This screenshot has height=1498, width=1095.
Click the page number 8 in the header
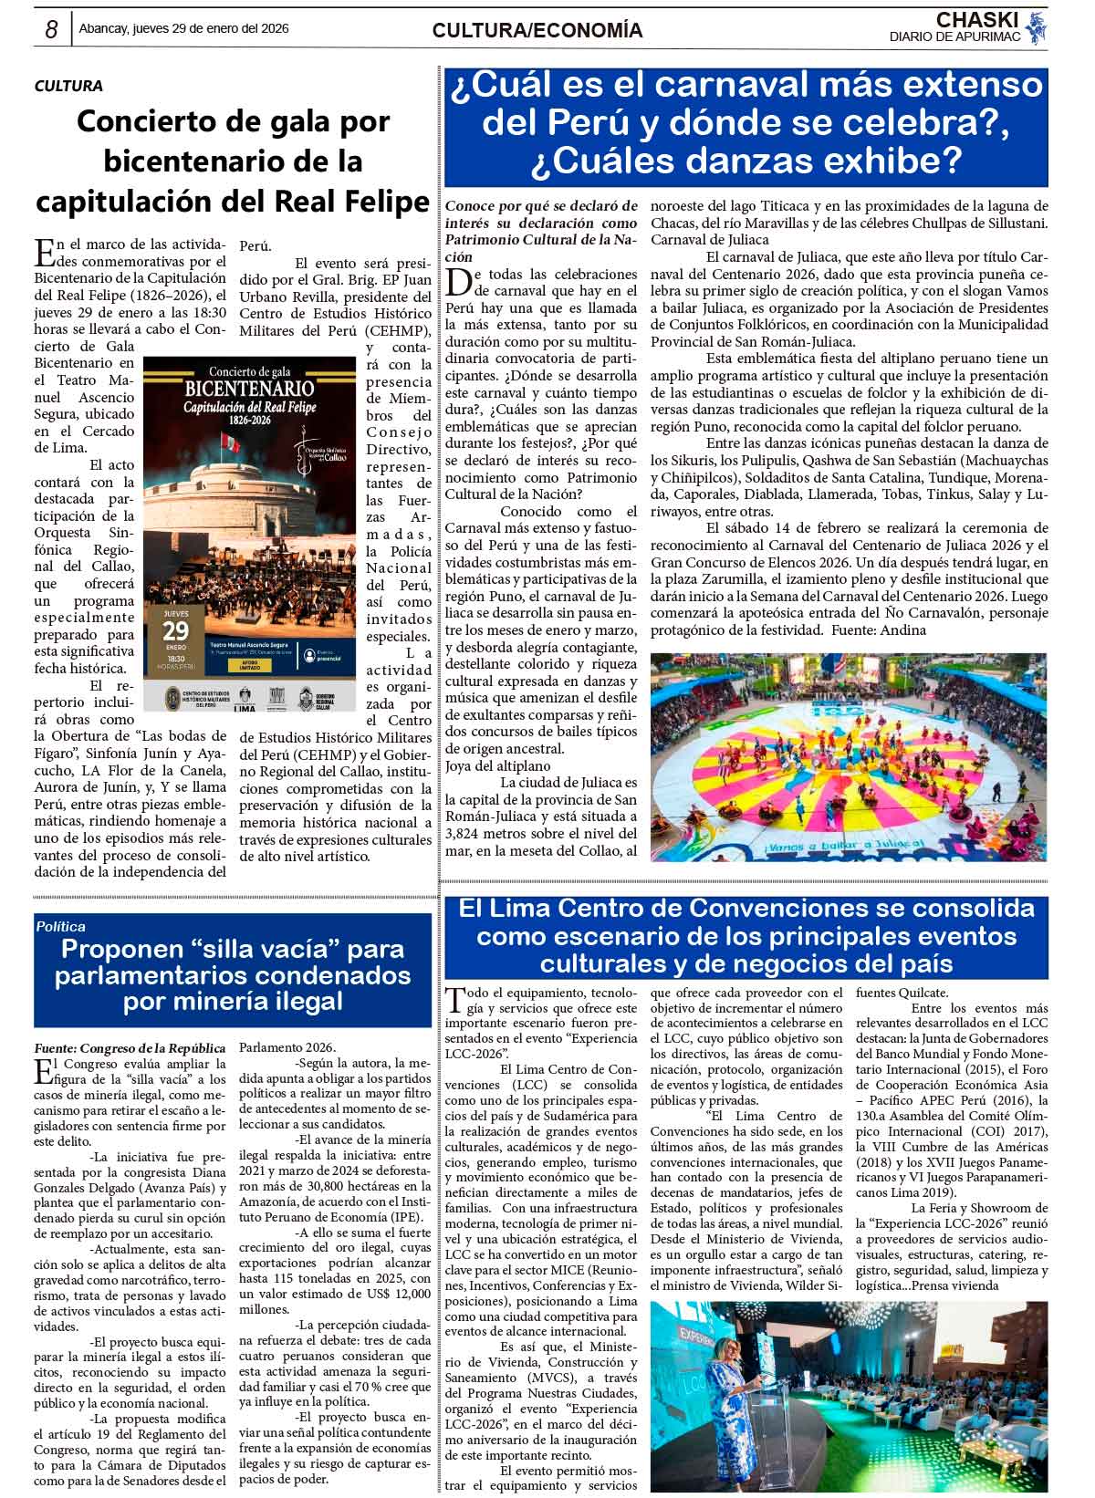[x=52, y=30]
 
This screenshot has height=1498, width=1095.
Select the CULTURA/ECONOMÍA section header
[x=537, y=31]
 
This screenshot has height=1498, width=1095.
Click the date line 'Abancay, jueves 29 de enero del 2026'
[x=184, y=29]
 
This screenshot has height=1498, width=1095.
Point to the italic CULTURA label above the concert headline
[x=68, y=86]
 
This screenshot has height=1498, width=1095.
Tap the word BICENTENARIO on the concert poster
[x=249, y=388]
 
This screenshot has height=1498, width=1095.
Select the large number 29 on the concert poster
[x=176, y=630]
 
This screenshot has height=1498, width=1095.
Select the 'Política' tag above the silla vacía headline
[x=62, y=926]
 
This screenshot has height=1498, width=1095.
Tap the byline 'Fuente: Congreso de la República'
[x=130, y=1047]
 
